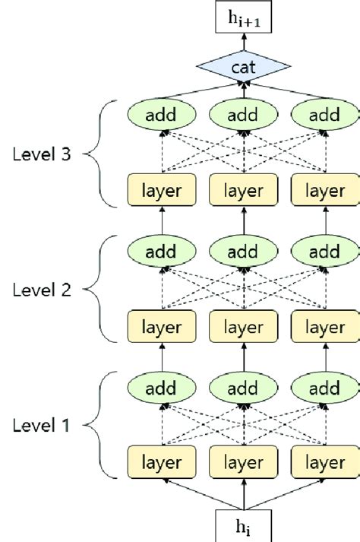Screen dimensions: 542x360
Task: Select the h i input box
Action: [244, 525]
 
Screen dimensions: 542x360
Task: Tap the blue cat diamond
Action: [244, 69]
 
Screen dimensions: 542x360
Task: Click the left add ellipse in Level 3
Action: [162, 116]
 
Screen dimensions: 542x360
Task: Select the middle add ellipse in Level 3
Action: [243, 116]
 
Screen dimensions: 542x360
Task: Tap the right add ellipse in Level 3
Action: [324, 116]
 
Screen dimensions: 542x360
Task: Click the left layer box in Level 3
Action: [162, 191]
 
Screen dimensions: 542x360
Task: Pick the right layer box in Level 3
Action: [324, 191]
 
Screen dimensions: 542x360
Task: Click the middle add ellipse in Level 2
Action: [243, 252]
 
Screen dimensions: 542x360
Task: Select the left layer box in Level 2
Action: [162, 327]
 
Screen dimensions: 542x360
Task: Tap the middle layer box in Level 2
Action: [243, 327]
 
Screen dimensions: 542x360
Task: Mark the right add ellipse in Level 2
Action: [324, 252]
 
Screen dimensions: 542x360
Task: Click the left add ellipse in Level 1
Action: [162, 388]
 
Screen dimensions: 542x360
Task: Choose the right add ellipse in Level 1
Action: [324, 388]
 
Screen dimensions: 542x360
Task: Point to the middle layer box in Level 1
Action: [243, 463]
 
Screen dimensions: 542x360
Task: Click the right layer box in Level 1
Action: [324, 463]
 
